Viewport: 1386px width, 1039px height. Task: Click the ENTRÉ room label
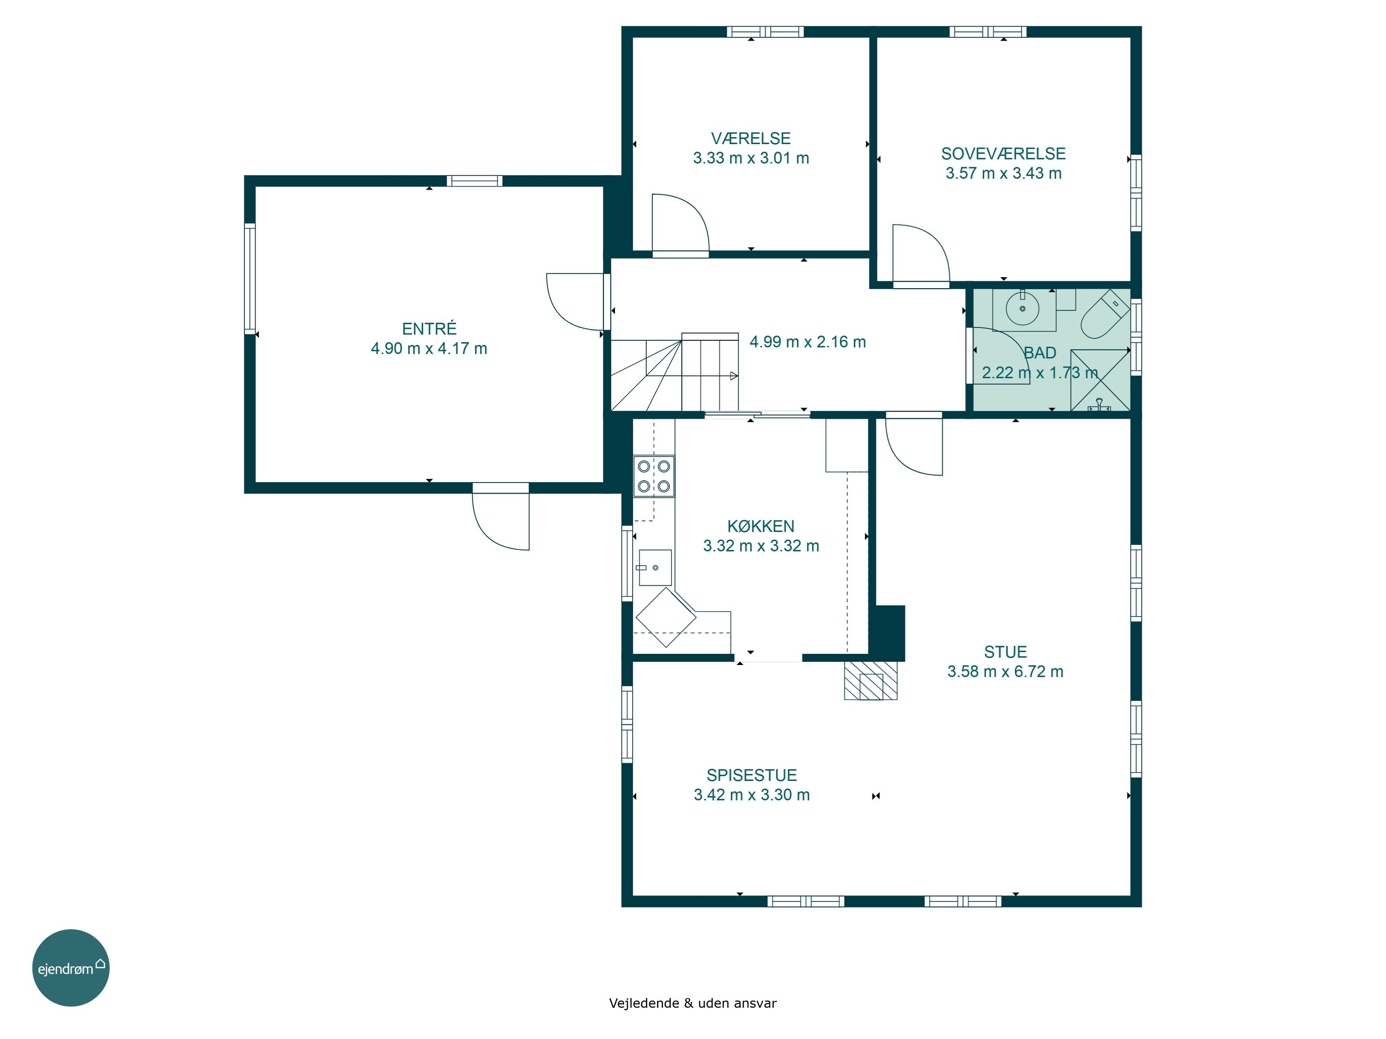429,328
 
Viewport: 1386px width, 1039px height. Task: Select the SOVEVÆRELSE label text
1003,153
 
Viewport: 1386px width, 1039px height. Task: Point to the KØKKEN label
760,526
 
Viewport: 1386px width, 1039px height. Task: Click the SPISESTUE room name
752,775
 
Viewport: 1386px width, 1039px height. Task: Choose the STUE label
1005,652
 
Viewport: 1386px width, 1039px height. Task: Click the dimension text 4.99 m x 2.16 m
808,342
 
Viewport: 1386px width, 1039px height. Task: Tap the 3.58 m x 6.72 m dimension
1005,671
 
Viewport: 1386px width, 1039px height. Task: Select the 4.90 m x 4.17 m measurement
429,348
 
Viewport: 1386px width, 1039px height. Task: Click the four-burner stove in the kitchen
654,476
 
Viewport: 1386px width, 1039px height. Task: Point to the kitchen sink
655,568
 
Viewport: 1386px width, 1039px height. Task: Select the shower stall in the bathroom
1100,380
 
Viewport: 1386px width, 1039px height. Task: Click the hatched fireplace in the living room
870,680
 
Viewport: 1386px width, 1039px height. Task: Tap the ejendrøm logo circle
71,967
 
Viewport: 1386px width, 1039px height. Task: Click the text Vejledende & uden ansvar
693,1003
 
